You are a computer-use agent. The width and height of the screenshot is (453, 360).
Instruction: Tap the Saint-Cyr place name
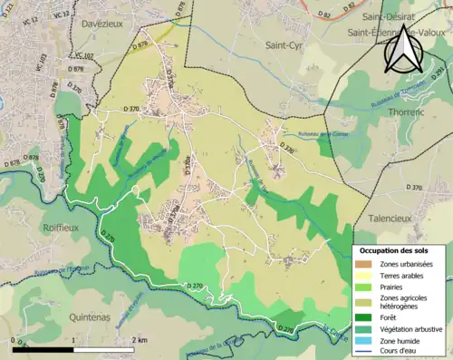(284, 44)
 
